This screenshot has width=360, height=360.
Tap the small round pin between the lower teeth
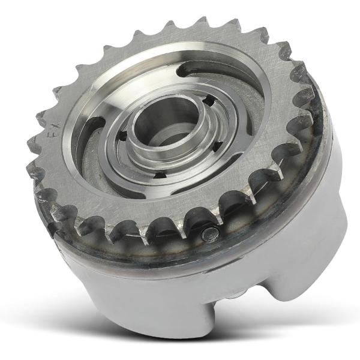pos(209,235)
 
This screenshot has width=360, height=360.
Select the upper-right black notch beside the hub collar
pos(210,100)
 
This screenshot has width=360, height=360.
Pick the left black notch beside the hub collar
pos(124,135)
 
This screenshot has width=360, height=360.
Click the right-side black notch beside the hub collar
pos(218,147)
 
